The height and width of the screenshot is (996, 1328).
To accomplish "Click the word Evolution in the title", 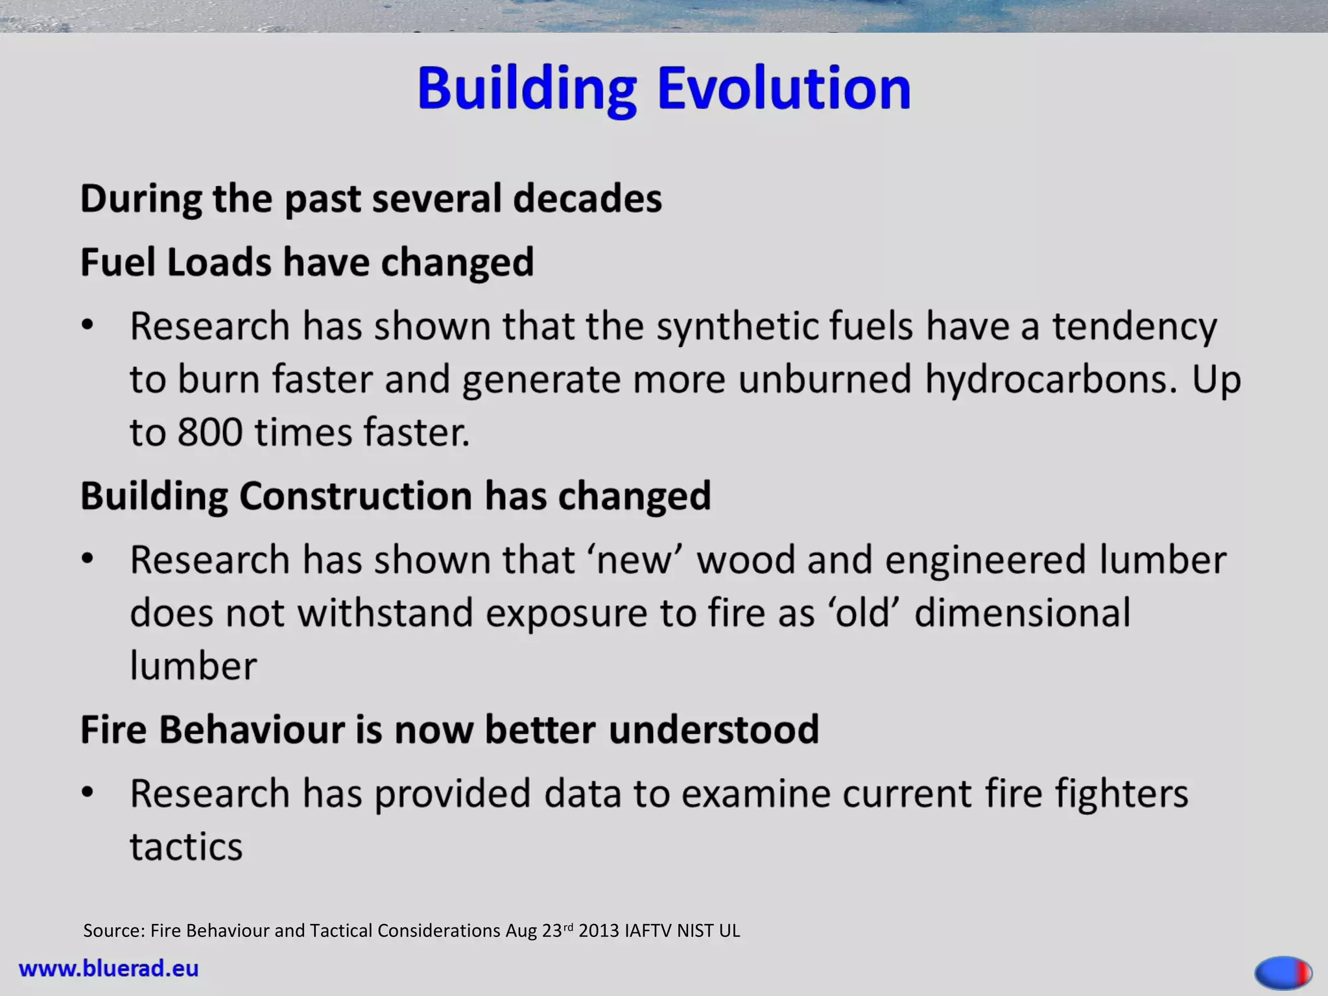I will click(x=784, y=88).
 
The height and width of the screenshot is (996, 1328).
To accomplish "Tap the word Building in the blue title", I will click(x=527, y=89).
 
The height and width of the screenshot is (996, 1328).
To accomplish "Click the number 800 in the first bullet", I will click(x=209, y=433).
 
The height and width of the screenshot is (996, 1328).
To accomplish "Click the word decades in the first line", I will click(x=587, y=198).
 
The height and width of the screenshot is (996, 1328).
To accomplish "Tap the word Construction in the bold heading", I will click(x=355, y=496).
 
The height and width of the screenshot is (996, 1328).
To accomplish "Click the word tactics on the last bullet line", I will click(x=186, y=848).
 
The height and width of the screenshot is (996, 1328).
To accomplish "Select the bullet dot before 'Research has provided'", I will click(x=88, y=792).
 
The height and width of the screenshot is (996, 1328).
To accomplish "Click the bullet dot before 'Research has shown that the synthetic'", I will click(x=88, y=325).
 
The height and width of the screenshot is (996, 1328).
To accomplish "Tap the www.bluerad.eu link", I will click(x=109, y=969).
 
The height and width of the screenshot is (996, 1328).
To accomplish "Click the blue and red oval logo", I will click(x=1283, y=972).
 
